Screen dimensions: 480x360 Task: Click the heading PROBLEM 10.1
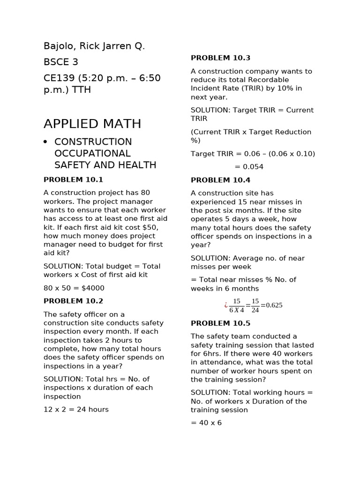73,180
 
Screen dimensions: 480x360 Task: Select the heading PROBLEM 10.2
73,301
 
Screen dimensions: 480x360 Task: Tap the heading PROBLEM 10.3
220,58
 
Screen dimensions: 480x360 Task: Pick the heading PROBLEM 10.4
220,180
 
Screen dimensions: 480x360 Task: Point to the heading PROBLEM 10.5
220,323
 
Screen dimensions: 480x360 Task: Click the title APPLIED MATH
92,124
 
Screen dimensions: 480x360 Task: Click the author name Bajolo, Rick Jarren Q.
94,46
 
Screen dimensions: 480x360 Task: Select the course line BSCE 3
61,62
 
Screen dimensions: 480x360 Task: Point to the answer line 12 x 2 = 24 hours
76,409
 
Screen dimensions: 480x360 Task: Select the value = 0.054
249,167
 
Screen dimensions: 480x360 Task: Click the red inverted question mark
225,305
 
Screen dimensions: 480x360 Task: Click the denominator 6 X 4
237,310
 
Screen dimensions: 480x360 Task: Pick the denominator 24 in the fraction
255,310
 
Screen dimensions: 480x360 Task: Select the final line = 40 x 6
206,423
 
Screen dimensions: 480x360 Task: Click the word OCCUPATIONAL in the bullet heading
92,153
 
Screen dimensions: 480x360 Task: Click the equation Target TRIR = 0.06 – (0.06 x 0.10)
253,154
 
